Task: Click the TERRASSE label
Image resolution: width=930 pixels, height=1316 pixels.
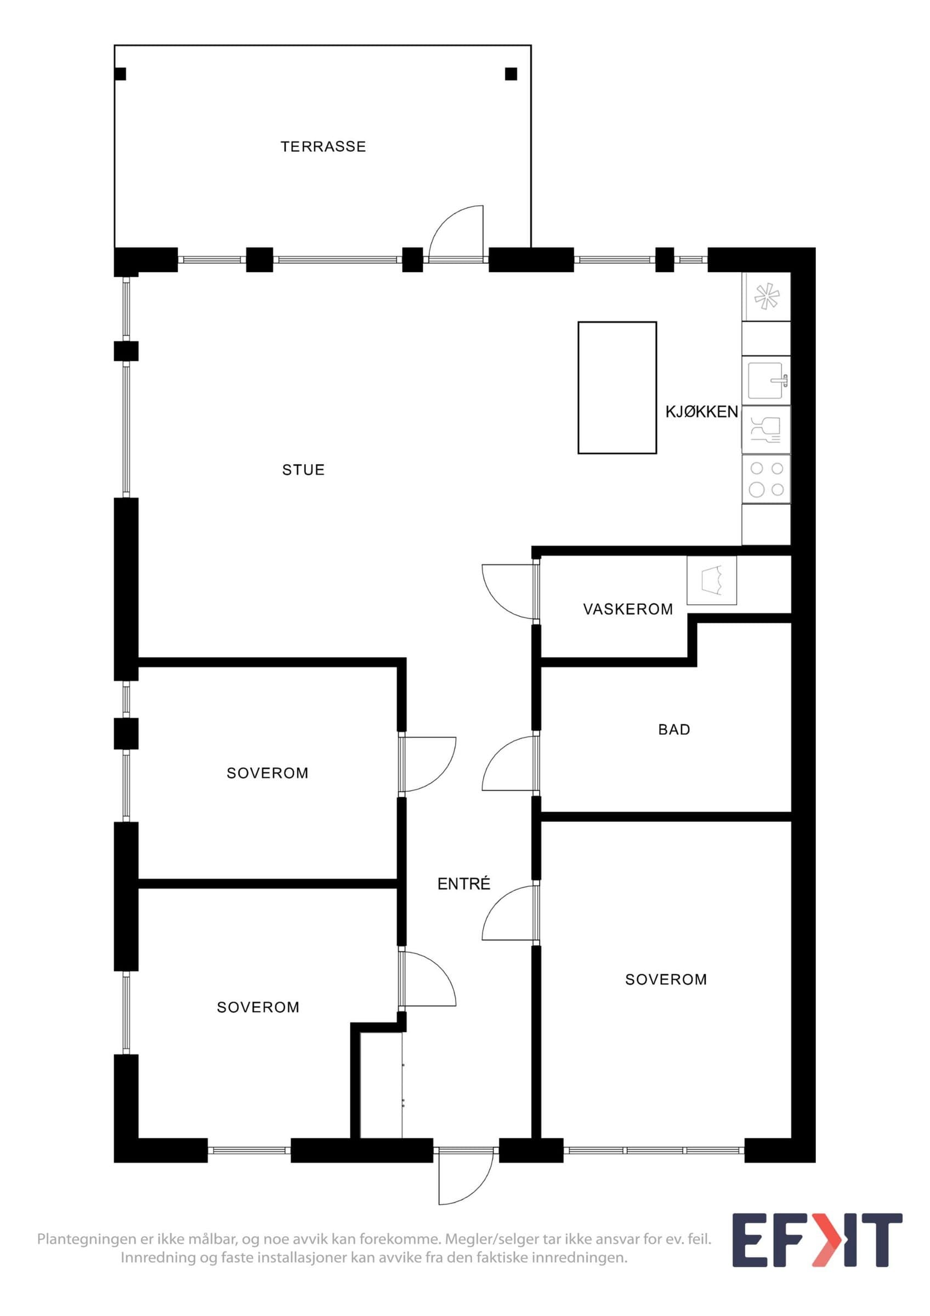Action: coord(323,147)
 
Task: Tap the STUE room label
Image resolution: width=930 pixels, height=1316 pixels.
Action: coord(304,470)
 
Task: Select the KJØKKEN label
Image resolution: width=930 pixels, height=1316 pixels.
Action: coord(701,412)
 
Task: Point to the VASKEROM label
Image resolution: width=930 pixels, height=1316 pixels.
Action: coord(628,609)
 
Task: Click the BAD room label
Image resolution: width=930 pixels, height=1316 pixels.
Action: coord(674,730)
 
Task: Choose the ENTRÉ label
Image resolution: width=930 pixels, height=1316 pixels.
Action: coord(464,884)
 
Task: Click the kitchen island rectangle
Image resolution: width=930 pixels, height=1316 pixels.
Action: coord(617,388)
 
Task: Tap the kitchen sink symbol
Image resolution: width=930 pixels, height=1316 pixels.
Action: coord(767,381)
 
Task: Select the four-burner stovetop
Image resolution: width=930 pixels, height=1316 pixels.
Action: coord(767,479)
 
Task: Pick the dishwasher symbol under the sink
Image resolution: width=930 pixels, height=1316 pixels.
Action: coord(767,430)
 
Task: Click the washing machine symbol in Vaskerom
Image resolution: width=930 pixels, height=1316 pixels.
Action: coord(712,580)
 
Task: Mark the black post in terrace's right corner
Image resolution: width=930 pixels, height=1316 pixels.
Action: coord(511,74)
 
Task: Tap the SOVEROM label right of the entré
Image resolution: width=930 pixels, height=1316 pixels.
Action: coord(666,979)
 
